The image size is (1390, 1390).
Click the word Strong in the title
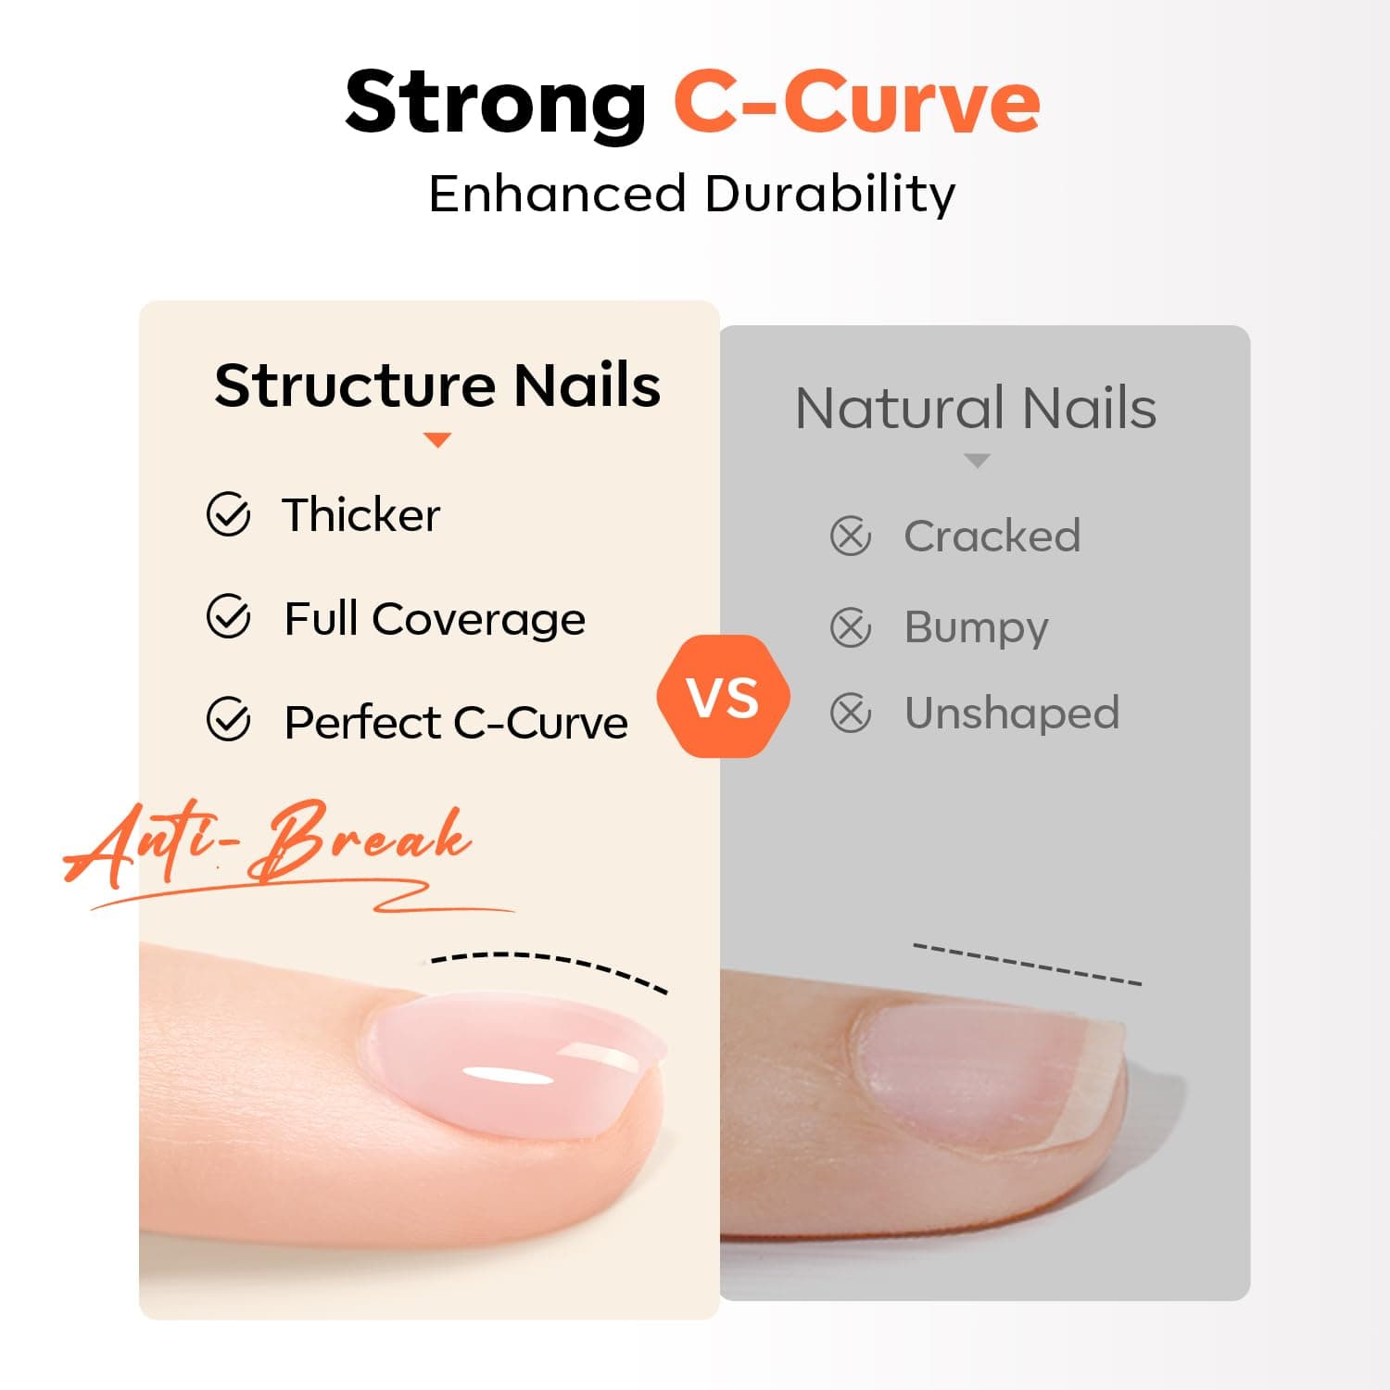click(495, 104)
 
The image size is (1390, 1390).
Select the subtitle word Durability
click(829, 195)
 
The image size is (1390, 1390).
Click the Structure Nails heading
click(437, 385)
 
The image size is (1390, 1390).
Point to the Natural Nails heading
click(976, 409)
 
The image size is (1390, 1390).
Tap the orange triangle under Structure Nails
click(436, 440)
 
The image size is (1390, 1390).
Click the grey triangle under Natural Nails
click(977, 461)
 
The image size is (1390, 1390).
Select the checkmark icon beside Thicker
click(228, 515)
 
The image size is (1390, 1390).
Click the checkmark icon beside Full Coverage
click(228, 617)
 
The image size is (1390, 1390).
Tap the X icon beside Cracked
click(850, 537)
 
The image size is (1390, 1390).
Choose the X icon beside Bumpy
click(850, 627)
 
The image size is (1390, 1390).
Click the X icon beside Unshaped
click(850, 714)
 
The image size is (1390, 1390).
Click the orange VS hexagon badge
click(723, 697)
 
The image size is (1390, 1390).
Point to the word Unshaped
click(1012, 714)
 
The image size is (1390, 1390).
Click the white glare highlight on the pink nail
click(508, 1077)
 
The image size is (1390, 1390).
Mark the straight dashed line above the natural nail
click(1027, 964)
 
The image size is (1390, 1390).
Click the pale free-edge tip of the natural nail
click(1098, 1075)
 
